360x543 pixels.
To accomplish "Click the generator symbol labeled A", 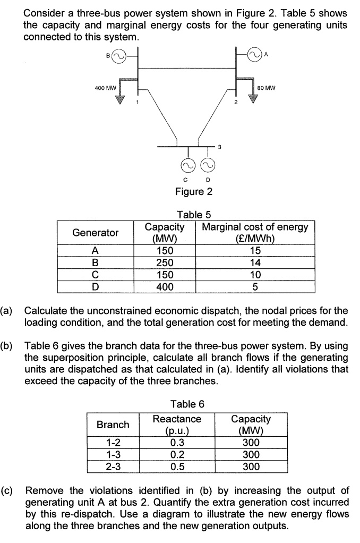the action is pyautogui.click(x=256, y=54).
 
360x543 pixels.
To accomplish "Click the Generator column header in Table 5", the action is pyautogui.click(x=96, y=233).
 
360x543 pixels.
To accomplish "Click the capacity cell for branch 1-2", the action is pyautogui.click(x=251, y=443).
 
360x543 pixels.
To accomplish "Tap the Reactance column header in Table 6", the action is pyautogui.click(x=177, y=424).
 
